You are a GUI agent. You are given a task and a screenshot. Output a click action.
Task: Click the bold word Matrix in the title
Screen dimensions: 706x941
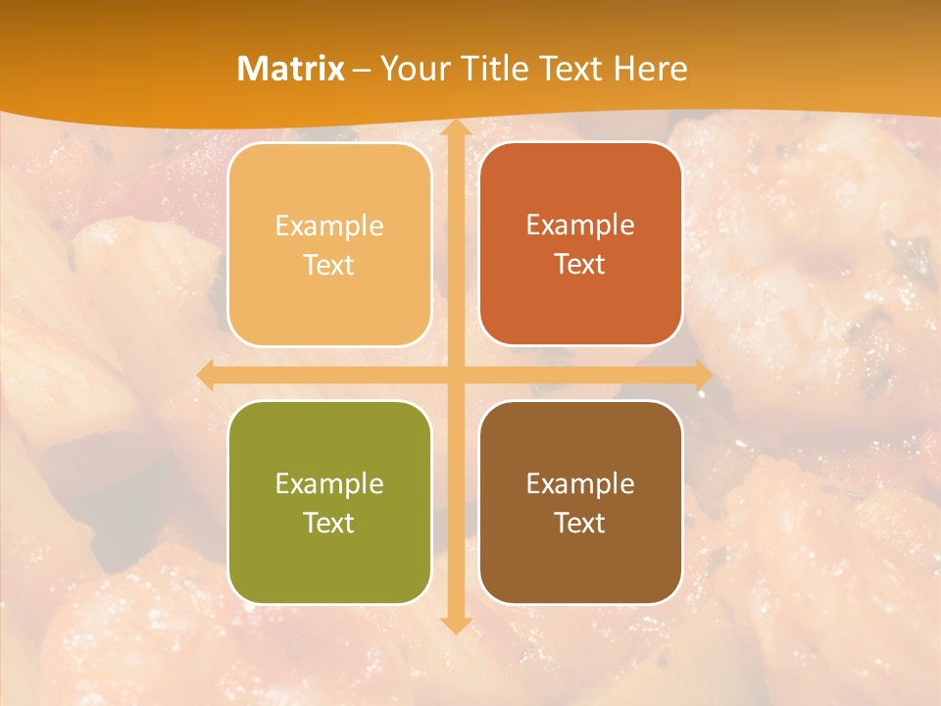pyautogui.click(x=291, y=69)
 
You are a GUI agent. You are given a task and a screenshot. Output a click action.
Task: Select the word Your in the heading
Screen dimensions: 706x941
pyautogui.click(x=413, y=69)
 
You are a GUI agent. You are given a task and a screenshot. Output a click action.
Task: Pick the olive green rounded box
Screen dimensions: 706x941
pyautogui.click(x=329, y=559)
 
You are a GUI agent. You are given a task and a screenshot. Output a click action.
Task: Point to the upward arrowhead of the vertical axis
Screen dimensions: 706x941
pyautogui.click(x=455, y=129)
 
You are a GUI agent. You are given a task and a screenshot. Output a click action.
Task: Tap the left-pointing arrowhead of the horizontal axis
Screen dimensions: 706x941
pyautogui.click(x=207, y=375)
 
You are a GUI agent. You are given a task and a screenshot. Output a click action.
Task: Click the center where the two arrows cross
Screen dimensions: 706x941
pyautogui.click(x=455, y=375)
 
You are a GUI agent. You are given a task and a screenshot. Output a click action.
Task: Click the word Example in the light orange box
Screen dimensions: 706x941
pyautogui.click(x=329, y=227)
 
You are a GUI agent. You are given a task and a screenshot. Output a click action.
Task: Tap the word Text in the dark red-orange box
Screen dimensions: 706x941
pyautogui.click(x=580, y=265)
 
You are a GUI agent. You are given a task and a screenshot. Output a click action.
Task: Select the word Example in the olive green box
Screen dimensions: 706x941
pyautogui.click(x=329, y=484)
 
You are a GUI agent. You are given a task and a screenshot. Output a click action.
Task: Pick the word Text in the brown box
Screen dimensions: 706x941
pyautogui.click(x=580, y=524)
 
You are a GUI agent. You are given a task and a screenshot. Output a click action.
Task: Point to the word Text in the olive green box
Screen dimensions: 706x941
pyautogui.click(x=329, y=524)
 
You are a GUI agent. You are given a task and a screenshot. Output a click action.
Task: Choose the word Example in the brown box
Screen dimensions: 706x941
pyautogui.click(x=580, y=484)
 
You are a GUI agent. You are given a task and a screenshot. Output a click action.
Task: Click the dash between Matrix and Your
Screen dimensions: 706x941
pyautogui.click(x=362, y=70)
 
